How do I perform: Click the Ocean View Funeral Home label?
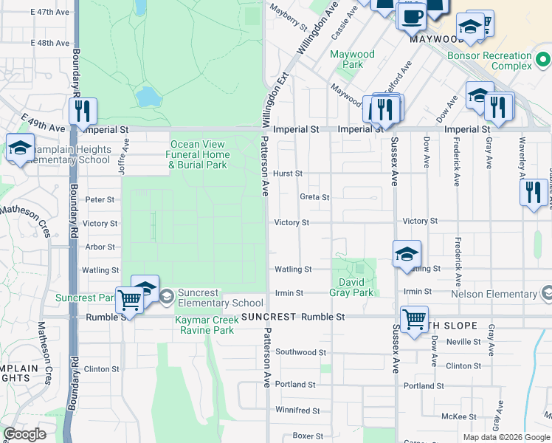coord(197,154)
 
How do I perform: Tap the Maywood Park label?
coord(352,59)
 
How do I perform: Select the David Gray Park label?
coord(356,287)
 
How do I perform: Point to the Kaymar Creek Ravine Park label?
coord(204,325)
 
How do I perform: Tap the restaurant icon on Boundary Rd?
coord(83,111)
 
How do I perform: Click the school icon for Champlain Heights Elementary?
coord(20,147)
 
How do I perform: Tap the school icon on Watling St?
coord(406,254)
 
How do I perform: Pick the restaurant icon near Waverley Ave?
coord(533,192)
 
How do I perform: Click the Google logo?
coord(24,434)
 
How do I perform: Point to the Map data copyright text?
coord(506,437)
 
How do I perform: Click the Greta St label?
coord(314,197)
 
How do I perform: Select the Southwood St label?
coord(300,353)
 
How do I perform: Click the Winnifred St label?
coord(297,411)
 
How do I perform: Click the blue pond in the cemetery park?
coord(148,97)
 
